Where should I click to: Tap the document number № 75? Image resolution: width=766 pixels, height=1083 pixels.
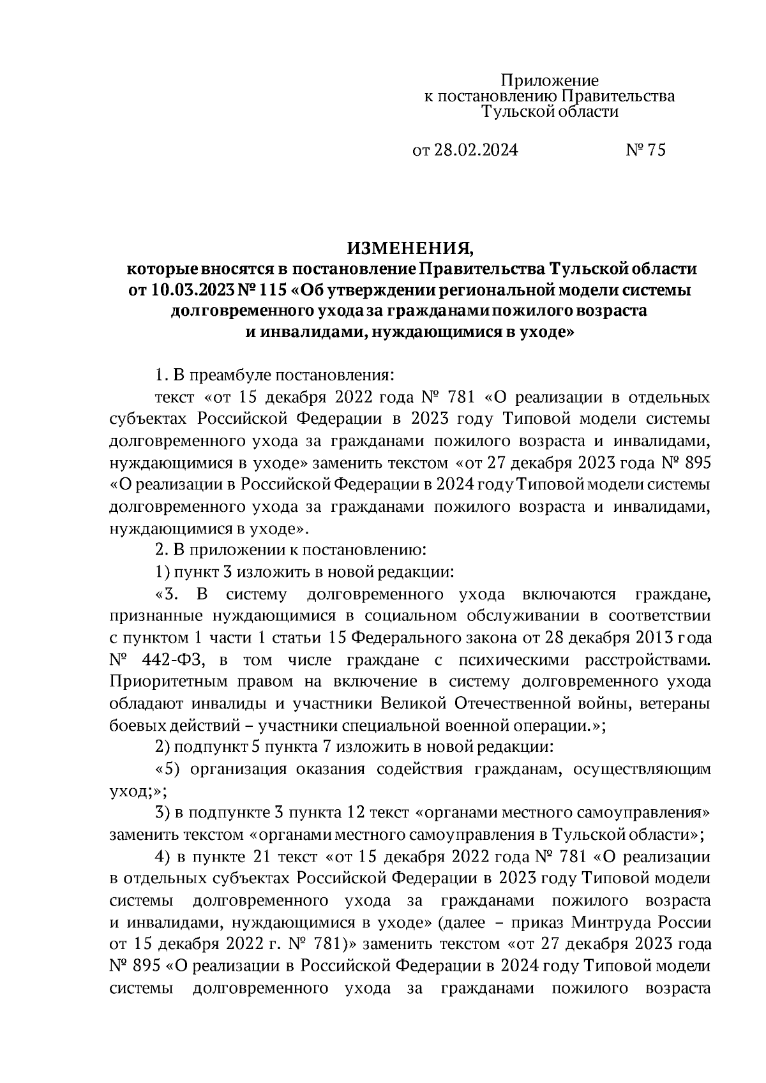[645, 150]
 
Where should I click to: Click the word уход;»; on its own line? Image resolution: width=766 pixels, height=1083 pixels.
[138, 791]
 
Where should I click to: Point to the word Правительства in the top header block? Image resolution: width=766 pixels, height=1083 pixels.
[617, 96]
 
